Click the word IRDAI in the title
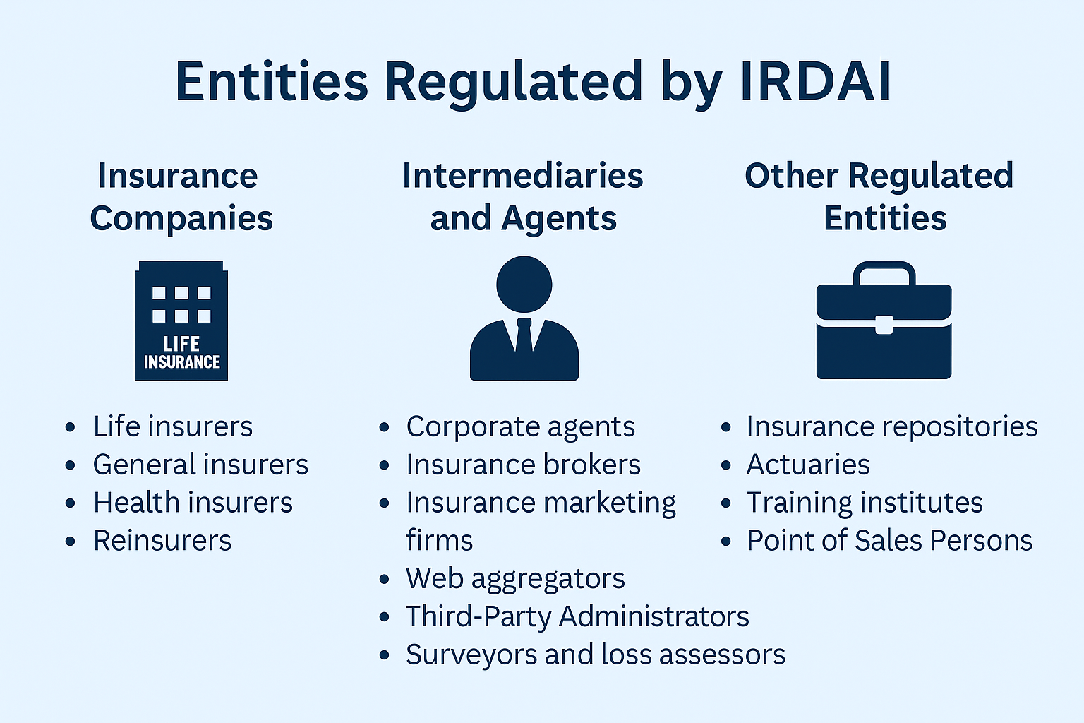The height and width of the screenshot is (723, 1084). pyautogui.click(x=815, y=80)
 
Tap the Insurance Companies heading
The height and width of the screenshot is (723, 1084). pyautogui.click(x=181, y=196)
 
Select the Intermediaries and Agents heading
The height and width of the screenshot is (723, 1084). pyautogui.click(x=523, y=196)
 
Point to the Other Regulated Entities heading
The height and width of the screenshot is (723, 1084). pyautogui.click(x=879, y=196)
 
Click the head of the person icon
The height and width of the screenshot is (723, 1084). pyautogui.click(x=524, y=285)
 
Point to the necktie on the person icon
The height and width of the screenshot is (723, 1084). pyautogui.click(x=524, y=335)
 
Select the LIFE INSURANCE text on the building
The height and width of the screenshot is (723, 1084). pyautogui.click(x=181, y=353)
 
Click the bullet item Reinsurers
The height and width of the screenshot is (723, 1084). pyautogui.click(x=162, y=540)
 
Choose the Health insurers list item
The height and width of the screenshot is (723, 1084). pyautogui.click(x=193, y=502)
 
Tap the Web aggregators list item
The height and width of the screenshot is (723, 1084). pyautogui.click(x=515, y=579)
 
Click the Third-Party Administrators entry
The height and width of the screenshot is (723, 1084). pyautogui.click(x=577, y=616)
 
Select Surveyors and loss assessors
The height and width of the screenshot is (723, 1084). pyautogui.click(x=595, y=655)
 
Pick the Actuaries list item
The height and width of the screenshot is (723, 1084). pyautogui.click(x=807, y=465)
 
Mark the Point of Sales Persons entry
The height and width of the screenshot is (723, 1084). pyautogui.click(x=889, y=540)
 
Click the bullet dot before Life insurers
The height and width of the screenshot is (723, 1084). pyautogui.click(x=70, y=427)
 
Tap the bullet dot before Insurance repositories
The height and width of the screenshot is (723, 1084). pyautogui.click(x=725, y=427)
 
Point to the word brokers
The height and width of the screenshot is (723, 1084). pyautogui.click(x=592, y=465)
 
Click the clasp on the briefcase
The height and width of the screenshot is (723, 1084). pyautogui.click(x=884, y=325)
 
